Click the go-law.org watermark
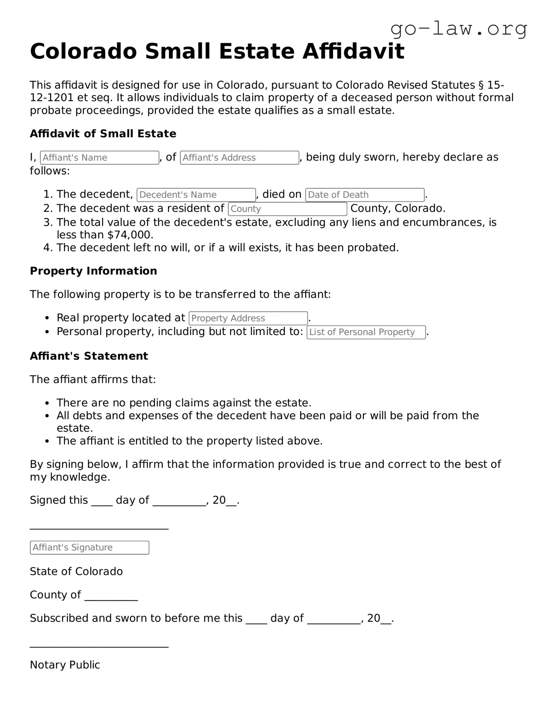(459, 29)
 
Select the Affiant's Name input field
(99, 158)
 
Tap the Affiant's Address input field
(239, 158)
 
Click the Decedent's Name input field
(196, 195)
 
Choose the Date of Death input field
(365, 195)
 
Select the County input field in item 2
(287, 209)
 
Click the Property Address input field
(248, 318)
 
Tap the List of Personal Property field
(366, 332)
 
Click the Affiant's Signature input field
(90, 548)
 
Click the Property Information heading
(93, 271)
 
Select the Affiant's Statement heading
(89, 356)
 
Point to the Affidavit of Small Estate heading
(103, 134)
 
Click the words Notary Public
(65, 665)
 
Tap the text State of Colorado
(76, 571)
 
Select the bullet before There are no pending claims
(47, 403)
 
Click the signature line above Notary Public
(99, 646)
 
